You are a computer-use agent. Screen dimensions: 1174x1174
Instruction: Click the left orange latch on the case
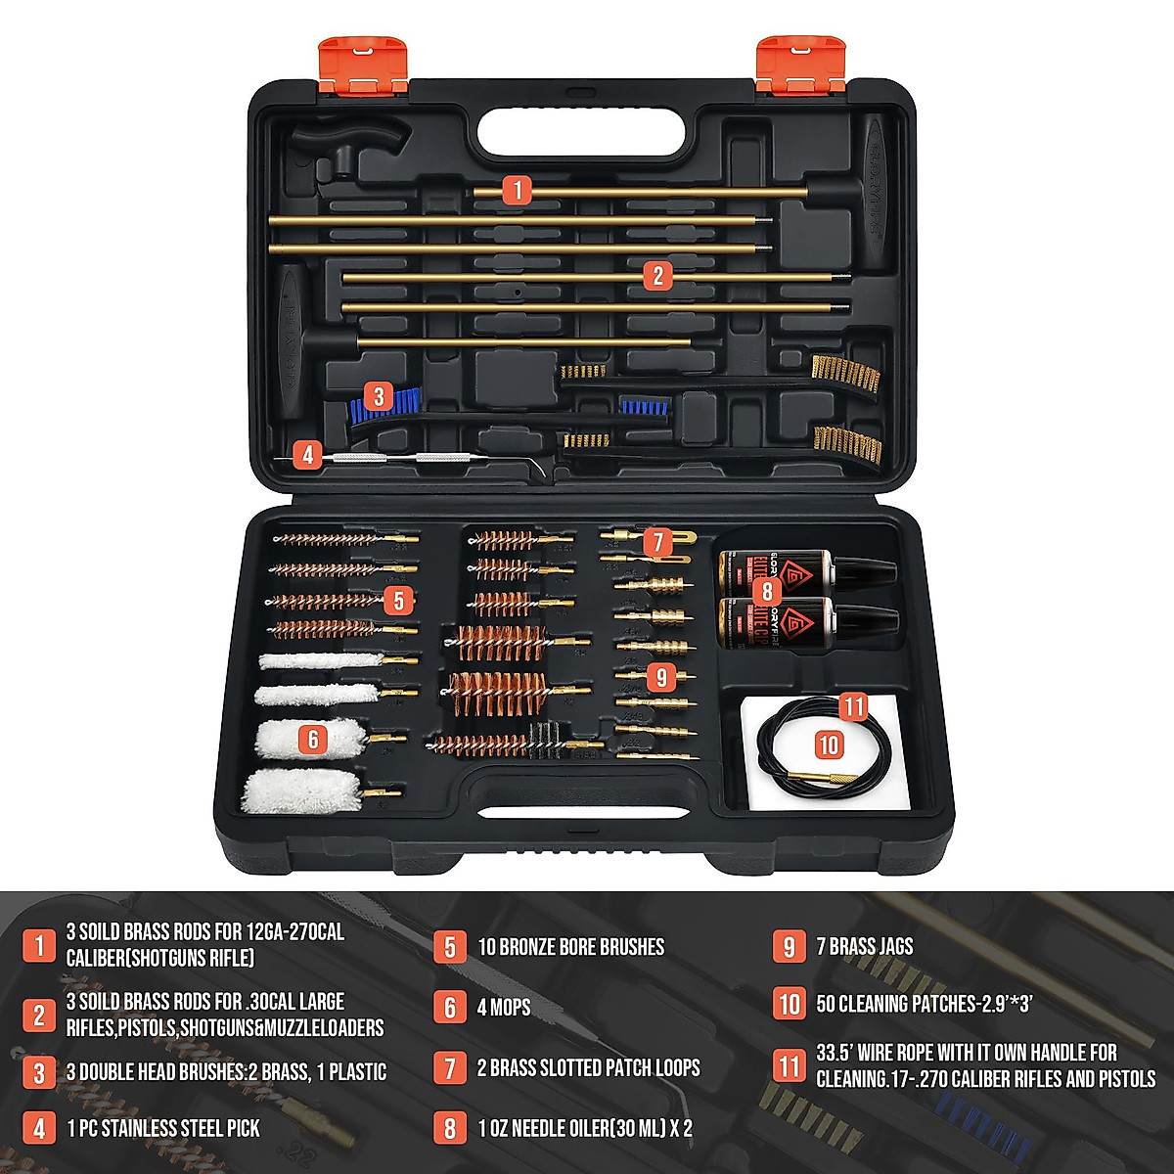tap(363, 66)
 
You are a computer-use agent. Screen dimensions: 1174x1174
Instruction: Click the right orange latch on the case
tap(800, 66)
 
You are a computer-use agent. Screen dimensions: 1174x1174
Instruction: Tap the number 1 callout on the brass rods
tap(518, 190)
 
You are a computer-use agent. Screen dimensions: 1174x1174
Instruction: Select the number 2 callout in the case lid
tap(657, 276)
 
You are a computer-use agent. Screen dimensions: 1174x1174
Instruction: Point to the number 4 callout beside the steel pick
tap(308, 455)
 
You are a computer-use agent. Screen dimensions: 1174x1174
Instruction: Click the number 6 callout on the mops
tap(313, 739)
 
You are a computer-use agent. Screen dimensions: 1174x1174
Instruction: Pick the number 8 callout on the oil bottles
tap(766, 590)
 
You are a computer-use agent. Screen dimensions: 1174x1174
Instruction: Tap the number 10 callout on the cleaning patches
tap(829, 745)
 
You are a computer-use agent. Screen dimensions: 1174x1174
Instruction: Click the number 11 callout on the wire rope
tap(854, 706)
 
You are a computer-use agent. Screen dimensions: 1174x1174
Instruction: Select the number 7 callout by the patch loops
tap(656, 541)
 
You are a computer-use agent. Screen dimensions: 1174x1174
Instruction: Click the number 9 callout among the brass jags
tap(662, 676)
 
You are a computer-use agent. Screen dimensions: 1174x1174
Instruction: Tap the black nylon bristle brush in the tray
tap(543, 740)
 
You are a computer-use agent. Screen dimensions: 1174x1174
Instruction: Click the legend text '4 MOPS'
tap(504, 1007)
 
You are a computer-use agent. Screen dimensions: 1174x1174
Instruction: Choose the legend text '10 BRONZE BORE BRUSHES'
tap(570, 947)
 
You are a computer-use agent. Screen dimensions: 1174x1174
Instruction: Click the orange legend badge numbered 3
tap(39, 1072)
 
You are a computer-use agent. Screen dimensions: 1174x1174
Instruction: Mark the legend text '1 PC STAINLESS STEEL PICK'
tap(163, 1128)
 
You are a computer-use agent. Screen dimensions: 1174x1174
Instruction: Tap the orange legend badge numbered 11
tap(790, 1064)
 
